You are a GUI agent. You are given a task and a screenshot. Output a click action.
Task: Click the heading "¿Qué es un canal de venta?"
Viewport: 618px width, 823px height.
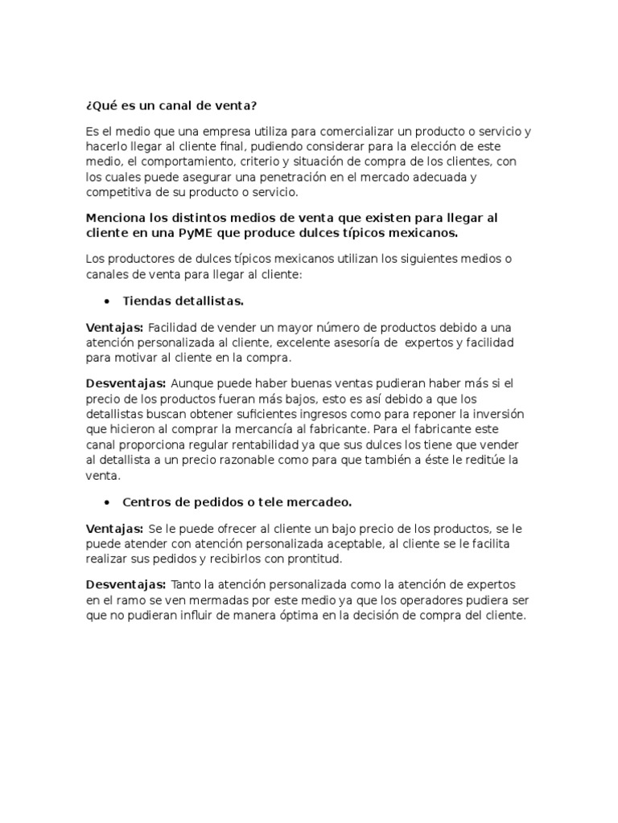[x=171, y=107]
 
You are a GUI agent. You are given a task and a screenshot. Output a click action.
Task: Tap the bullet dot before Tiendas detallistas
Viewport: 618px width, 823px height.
[x=107, y=301]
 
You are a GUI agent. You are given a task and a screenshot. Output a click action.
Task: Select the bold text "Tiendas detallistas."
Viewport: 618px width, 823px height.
[x=183, y=301]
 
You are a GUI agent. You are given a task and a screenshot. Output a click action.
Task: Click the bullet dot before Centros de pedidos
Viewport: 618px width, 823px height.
[x=107, y=502]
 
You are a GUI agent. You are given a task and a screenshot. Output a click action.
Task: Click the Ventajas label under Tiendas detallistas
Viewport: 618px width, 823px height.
[x=114, y=327]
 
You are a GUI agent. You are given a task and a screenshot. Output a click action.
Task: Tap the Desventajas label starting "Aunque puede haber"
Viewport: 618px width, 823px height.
[x=126, y=383]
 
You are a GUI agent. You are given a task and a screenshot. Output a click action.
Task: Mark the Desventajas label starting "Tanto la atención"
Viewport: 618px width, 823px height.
[x=126, y=584]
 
